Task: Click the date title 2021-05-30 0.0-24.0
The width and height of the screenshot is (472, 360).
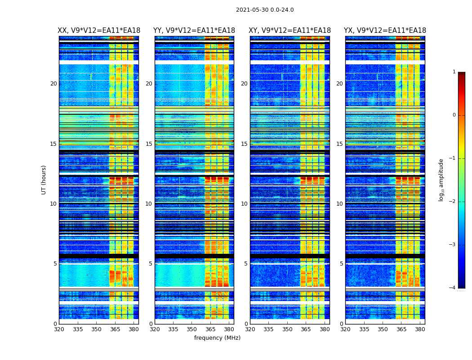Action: (x=265, y=10)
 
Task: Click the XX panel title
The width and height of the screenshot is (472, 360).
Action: (x=99, y=31)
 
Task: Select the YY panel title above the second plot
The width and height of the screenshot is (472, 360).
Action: (x=194, y=31)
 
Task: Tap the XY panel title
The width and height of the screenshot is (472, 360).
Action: (x=290, y=31)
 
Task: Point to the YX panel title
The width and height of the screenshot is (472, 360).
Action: (x=385, y=31)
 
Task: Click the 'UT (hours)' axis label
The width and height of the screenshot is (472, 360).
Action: (x=44, y=180)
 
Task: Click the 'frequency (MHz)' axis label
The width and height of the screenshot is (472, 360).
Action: (x=217, y=338)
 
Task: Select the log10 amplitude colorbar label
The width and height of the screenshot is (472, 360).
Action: (x=441, y=180)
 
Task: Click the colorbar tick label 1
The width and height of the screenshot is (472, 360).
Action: (x=454, y=72)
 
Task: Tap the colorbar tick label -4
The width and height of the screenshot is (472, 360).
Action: (x=453, y=288)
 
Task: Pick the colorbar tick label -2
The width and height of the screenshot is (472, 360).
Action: (x=453, y=202)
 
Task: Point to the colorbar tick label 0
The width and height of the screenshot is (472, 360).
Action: (x=454, y=115)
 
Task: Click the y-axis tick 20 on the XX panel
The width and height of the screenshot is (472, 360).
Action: (x=53, y=84)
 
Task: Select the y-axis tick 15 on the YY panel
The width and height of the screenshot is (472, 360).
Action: (x=149, y=144)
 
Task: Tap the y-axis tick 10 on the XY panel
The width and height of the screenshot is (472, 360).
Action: (x=244, y=204)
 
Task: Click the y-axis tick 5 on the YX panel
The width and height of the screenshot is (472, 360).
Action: (x=342, y=264)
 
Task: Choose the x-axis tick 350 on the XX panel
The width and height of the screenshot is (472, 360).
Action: (x=96, y=329)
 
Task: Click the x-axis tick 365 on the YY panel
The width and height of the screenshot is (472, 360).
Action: (x=211, y=329)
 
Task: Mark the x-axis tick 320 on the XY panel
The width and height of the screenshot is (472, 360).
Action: (x=250, y=329)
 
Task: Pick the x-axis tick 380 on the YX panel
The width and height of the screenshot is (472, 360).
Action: (x=420, y=329)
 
